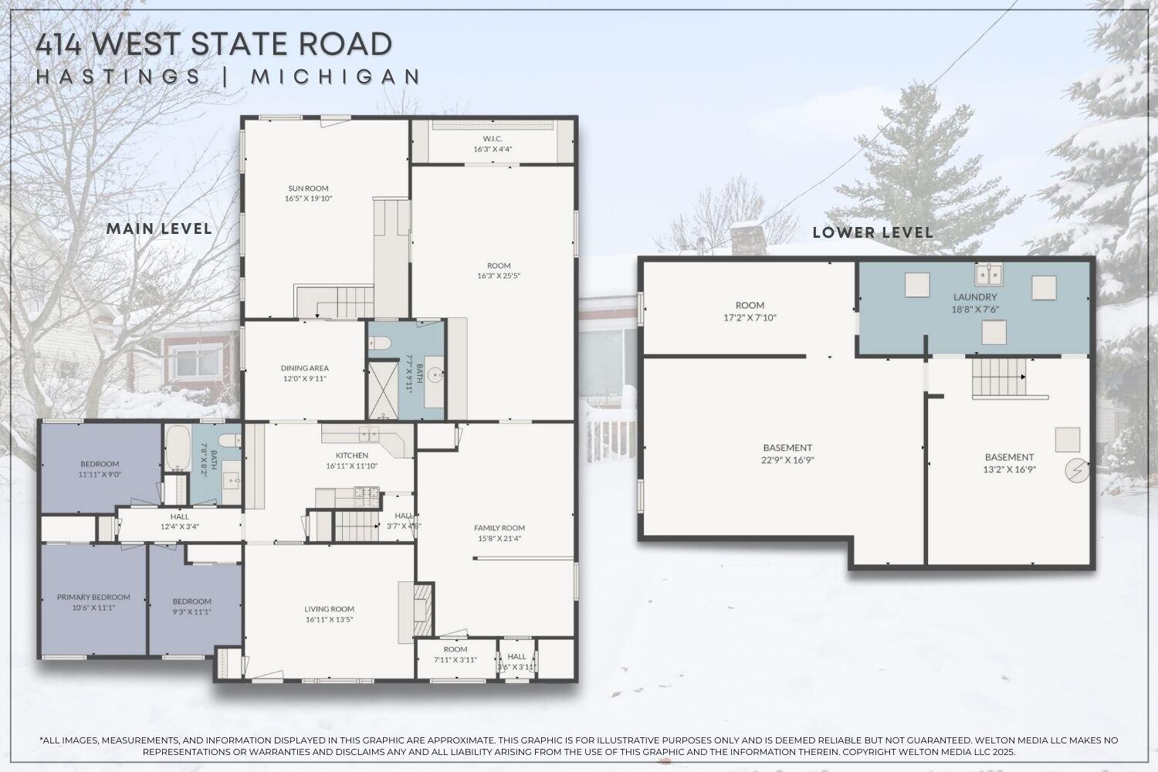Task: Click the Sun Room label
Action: pos(308,188)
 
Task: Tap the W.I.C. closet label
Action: pos(493,139)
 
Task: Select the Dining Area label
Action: pos(304,368)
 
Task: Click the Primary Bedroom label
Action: pos(93,597)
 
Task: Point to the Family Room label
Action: pos(499,528)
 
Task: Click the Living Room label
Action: pos(329,609)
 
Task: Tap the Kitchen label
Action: pos(351,455)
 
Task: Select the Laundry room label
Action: pos(975,297)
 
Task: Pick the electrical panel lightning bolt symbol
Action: pos(1076,469)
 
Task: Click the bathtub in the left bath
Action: pos(177,448)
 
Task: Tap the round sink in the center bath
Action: pos(437,376)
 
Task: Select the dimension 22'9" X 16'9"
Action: pos(787,459)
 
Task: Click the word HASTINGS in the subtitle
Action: pos(119,76)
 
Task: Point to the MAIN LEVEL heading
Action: pos(159,229)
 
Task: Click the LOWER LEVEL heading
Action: pos(872,232)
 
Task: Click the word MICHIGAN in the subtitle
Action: pos(336,76)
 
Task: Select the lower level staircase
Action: pos(997,376)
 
